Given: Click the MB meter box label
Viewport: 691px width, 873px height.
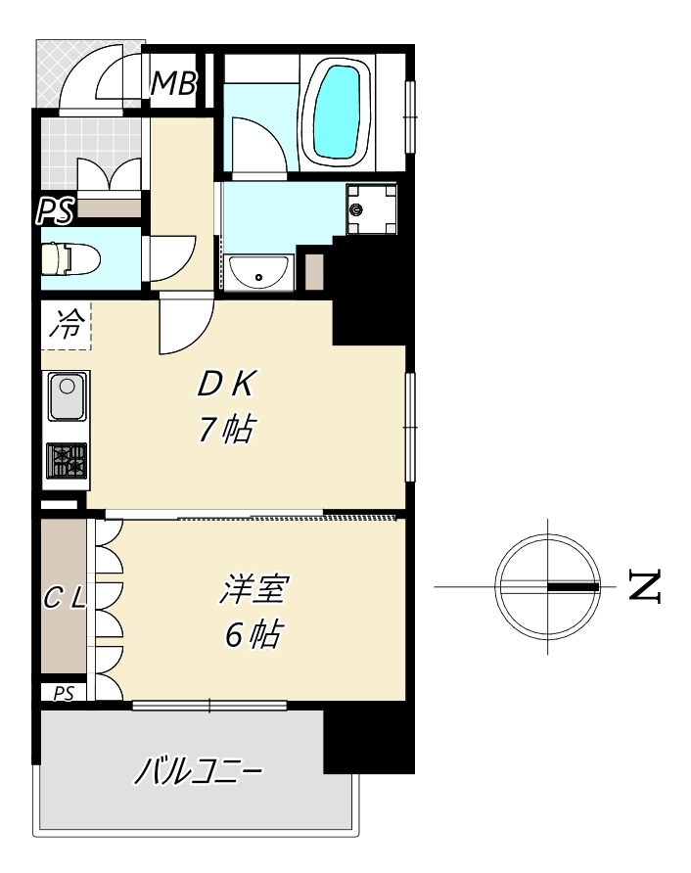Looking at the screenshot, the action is click(173, 83).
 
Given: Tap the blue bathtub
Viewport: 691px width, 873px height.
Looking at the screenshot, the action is click(336, 112).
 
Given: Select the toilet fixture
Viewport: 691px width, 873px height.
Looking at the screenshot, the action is click(70, 258).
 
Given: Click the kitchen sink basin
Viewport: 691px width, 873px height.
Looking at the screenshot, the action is click(68, 395).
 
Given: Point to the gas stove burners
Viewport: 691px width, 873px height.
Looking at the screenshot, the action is click(67, 460).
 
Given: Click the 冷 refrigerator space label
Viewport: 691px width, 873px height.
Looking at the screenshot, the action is click(68, 324).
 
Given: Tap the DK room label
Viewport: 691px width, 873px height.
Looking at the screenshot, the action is click(227, 384).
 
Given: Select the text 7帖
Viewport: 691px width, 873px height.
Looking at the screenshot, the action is click(227, 429).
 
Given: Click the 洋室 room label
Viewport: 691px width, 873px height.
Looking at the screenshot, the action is click(253, 589).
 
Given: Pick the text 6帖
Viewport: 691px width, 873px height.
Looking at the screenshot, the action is click(253, 633).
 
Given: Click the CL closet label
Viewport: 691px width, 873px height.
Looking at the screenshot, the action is click(65, 598).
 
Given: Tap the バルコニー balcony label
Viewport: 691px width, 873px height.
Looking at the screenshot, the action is click(199, 770).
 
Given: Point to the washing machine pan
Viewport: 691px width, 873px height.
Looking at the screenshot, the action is click(371, 209).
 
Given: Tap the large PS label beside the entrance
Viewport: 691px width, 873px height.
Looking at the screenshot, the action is click(55, 210).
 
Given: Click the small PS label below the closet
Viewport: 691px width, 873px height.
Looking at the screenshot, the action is click(64, 694).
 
